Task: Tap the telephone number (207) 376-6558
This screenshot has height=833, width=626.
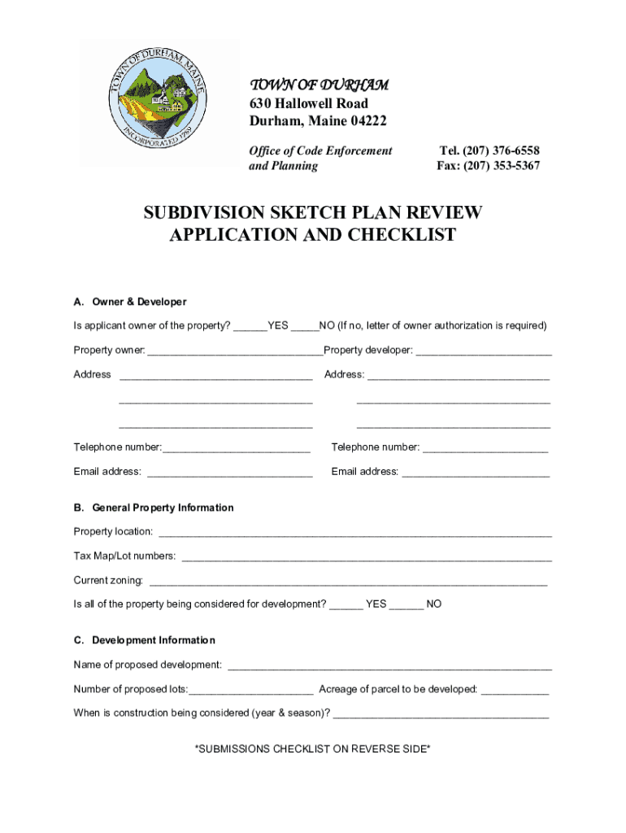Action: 489,150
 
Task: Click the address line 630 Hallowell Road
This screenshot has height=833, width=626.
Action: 308,103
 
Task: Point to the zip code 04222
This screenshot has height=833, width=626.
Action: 366,121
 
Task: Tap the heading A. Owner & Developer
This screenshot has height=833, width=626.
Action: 130,302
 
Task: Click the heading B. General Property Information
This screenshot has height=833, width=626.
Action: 154,508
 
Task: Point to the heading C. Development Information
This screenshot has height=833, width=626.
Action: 145,640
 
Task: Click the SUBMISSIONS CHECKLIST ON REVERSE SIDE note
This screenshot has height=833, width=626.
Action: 313,748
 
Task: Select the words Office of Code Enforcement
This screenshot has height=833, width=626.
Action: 320,150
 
